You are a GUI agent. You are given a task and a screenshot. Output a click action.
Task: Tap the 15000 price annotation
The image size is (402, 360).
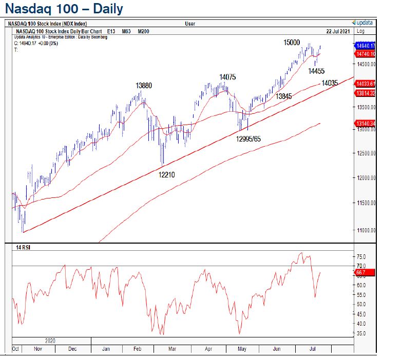coord(292,43)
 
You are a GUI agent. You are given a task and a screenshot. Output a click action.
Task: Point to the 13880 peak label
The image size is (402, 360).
coord(144,86)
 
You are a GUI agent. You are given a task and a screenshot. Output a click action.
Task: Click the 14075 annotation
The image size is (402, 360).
coord(227,77)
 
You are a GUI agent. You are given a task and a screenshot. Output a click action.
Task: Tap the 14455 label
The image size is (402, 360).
coord(317,71)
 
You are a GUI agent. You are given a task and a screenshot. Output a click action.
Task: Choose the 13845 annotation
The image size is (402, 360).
coord(283,96)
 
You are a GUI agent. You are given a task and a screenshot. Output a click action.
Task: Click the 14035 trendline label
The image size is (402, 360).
coord(330,83)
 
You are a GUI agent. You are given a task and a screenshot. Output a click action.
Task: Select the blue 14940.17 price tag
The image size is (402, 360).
coord(366,46)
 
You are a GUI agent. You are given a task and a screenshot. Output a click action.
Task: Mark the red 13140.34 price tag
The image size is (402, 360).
coord(366,124)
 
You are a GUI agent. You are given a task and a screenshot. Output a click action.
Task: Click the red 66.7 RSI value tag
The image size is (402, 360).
coord(360,273)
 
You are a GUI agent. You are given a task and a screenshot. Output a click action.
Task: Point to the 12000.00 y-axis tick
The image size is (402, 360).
coord(367,177)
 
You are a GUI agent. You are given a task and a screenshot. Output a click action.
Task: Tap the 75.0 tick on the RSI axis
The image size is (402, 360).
coord(361,256)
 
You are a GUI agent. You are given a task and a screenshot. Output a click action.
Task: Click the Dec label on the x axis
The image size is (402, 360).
coord(72,349)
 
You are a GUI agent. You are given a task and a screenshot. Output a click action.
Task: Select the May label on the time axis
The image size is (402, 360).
coord(243,349)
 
